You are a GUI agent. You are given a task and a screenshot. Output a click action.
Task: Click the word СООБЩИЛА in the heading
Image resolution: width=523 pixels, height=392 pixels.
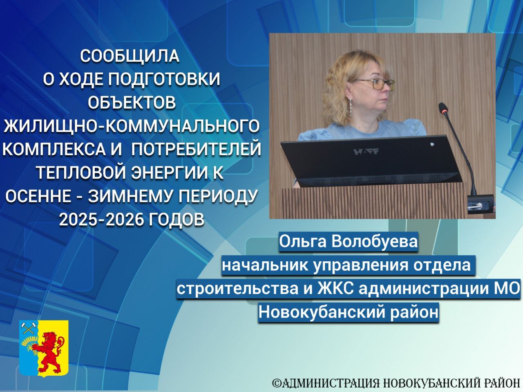pyautogui.click(x=130, y=56)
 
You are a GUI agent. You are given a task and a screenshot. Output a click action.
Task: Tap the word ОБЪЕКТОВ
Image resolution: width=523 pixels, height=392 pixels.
pyautogui.click(x=132, y=102)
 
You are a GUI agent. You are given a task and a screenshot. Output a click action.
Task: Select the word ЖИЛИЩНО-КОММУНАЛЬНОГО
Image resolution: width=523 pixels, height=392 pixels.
pyautogui.click(x=131, y=126)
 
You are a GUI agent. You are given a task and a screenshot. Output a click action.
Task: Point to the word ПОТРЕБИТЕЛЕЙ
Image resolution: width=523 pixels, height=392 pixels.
pyautogui.click(x=196, y=149)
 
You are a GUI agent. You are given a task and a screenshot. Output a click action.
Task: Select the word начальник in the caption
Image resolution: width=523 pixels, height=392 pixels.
pyautogui.click(x=265, y=265)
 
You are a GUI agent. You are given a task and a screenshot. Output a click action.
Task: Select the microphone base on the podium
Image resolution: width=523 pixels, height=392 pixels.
pyautogui.click(x=480, y=203)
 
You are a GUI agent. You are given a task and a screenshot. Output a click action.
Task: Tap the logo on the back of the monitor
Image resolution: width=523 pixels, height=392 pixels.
pyautogui.click(x=367, y=151)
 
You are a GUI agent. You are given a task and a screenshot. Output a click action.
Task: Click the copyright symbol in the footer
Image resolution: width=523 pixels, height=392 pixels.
pyautogui.click(x=277, y=383)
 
